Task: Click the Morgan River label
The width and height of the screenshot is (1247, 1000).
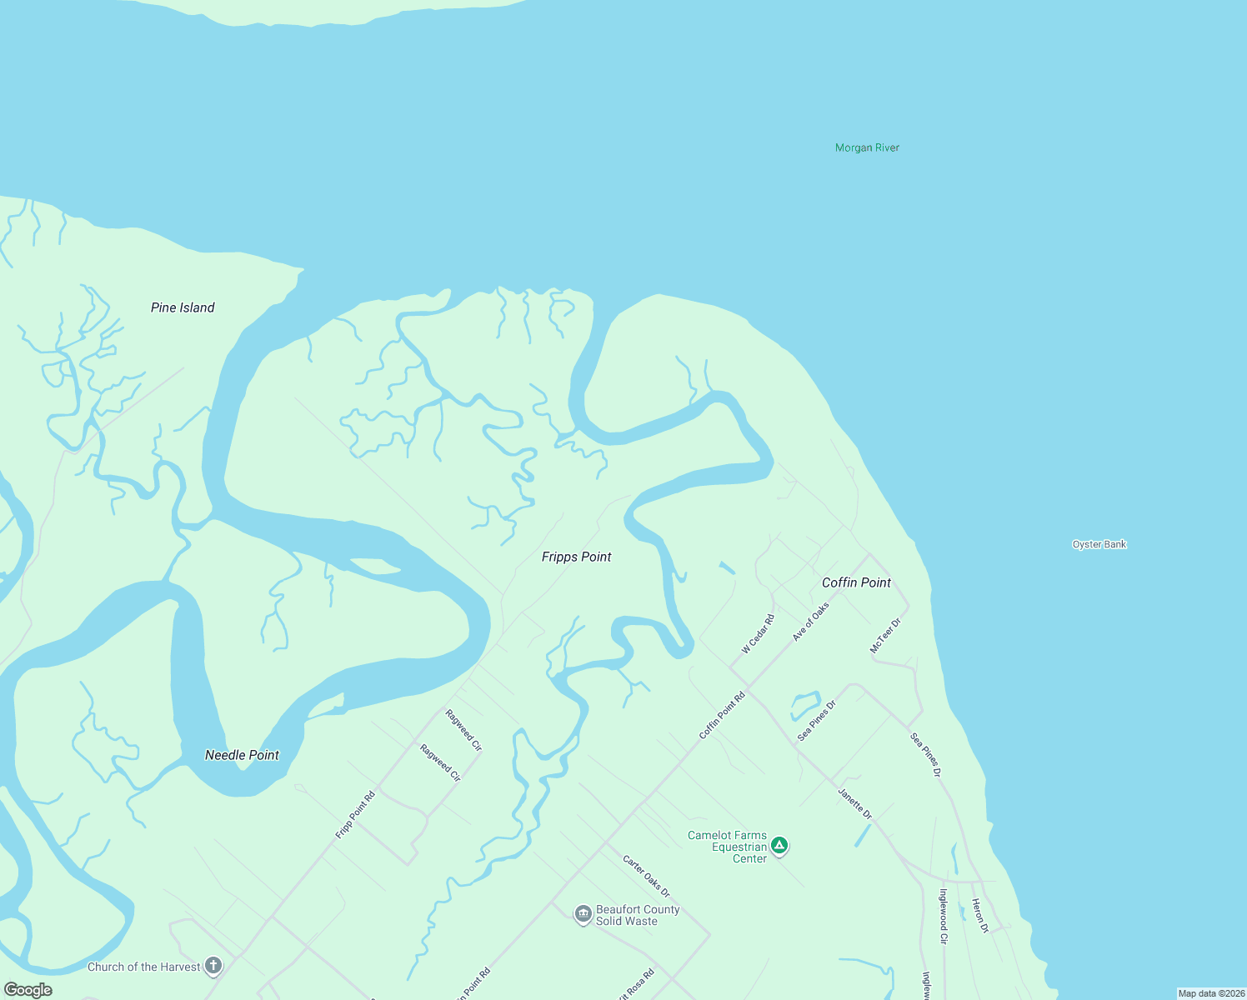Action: (x=867, y=147)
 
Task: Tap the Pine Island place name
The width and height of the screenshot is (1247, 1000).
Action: (x=183, y=307)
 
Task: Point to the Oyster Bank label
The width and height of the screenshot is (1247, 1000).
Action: (x=1099, y=544)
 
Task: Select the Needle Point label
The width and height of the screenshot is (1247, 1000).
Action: (x=242, y=755)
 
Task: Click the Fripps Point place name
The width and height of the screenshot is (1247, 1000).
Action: (x=576, y=557)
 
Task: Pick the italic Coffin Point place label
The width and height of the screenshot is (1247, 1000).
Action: (x=856, y=582)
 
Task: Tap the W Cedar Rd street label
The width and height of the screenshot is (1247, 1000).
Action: (x=759, y=634)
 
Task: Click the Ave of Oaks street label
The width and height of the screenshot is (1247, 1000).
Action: (x=811, y=622)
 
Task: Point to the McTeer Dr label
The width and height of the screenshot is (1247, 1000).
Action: (x=885, y=636)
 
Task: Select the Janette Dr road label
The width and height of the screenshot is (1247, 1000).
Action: (x=855, y=803)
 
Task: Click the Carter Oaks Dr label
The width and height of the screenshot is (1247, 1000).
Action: (x=646, y=876)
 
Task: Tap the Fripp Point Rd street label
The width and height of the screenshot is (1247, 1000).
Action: (x=355, y=815)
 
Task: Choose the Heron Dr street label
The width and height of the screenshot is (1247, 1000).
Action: (x=980, y=916)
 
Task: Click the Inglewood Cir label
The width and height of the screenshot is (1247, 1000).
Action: (x=944, y=916)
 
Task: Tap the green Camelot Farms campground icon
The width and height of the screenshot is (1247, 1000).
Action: (x=779, y=846)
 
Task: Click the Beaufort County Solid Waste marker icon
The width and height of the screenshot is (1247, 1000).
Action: (x=583, y=914)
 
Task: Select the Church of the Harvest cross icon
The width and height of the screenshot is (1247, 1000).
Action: (x=213, y=966)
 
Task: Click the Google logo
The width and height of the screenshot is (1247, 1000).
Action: (x=28, y=990)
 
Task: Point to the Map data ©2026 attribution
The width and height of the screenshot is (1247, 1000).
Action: (x=1211, y=993)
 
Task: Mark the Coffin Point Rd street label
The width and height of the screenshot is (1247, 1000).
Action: (x=722, y=715)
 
